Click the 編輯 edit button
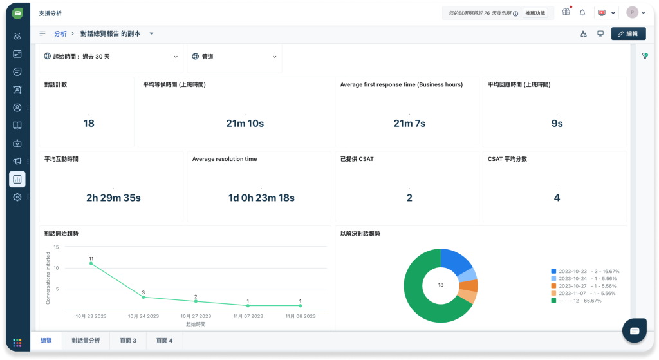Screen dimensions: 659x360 point(628,33)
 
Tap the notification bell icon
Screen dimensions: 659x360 point(582,13)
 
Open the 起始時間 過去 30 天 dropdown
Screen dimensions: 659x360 point(111,57)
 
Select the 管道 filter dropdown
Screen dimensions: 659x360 point(234,57)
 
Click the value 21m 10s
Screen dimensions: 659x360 point(245,123)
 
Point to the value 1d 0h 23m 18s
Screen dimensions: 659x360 point(261,198)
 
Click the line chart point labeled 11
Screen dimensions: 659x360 point(91,263)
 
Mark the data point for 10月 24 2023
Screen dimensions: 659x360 point(144,297)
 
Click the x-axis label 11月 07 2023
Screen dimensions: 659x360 point(248,316)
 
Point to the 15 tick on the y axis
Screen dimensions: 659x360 point(57,247)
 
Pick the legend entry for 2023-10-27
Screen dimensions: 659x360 point(584,286)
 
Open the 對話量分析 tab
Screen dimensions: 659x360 point(86,341)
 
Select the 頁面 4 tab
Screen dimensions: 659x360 point(164,341)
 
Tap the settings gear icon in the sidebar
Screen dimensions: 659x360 point(17,197)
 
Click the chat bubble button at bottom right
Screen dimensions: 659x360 point(635,330)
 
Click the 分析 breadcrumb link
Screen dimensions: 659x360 point(60,33)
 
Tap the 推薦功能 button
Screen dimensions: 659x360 point(535,13)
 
